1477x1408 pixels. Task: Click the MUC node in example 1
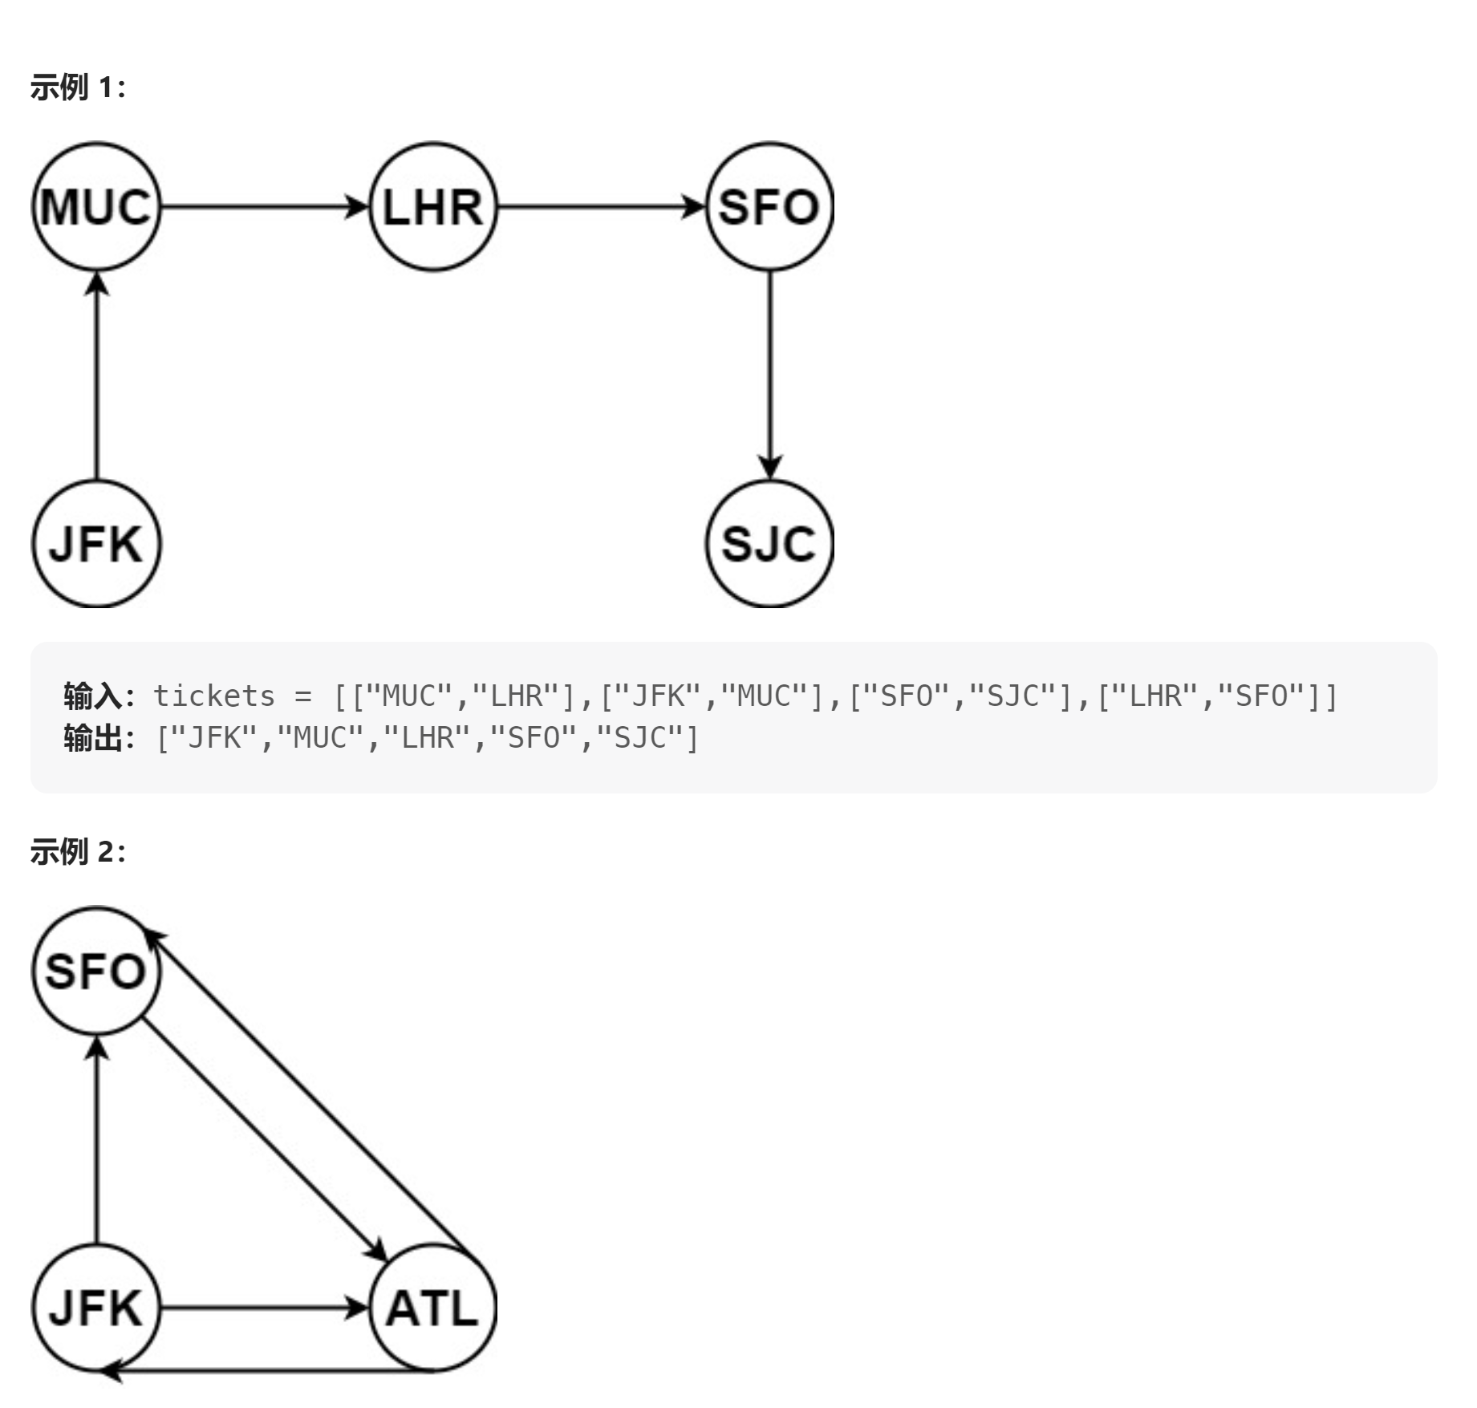coord(96,207)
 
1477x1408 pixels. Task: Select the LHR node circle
coord(433,207)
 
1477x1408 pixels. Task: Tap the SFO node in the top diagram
coord(769,207)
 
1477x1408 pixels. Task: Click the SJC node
coord(769,544)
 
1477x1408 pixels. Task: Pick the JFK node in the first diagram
coord(96,544)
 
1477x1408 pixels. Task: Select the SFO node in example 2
coord(96,971)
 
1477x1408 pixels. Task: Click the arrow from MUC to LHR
coord(265,207)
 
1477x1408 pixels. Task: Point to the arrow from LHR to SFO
coord(602,207)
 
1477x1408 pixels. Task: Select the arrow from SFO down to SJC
coord(770,375)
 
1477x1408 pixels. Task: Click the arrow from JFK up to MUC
coord(97,375)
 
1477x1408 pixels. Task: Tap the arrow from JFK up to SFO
coord(97,1139)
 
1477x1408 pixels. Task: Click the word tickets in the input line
coord(213,696)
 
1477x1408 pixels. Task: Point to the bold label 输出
coord(92,738)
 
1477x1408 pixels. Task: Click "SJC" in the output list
coord(639,738)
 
